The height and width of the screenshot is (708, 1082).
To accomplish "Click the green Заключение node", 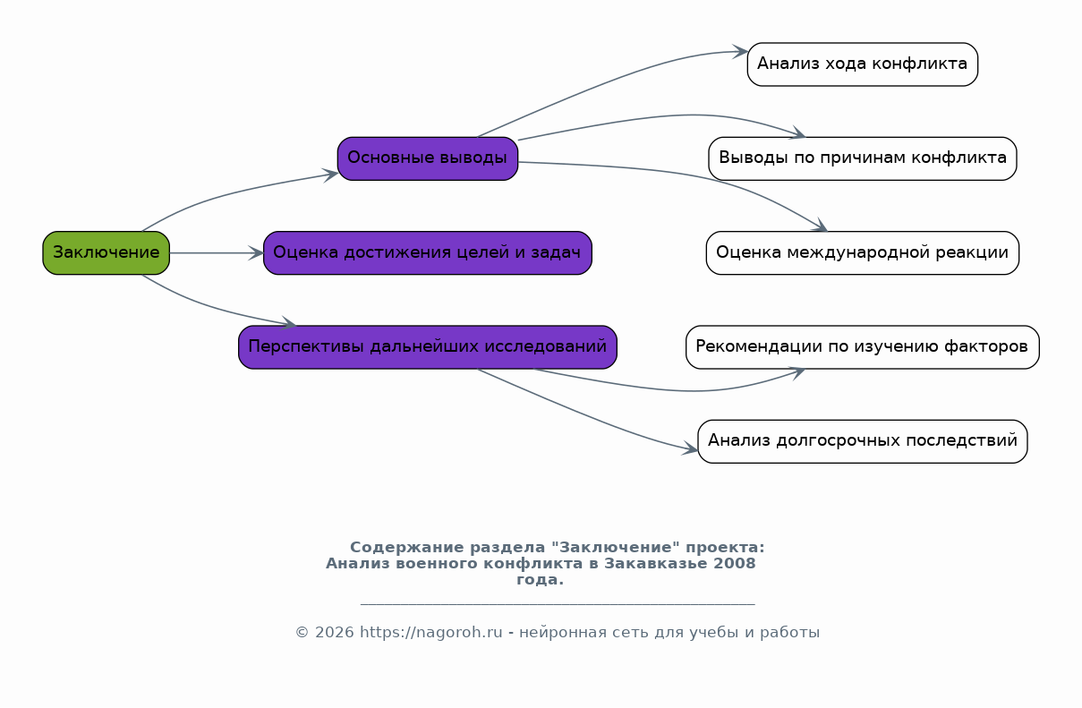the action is tap(106, 252).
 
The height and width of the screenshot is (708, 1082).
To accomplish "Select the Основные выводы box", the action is tap(428, 158).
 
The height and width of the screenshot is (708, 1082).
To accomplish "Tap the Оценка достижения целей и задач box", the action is tap(428, 252).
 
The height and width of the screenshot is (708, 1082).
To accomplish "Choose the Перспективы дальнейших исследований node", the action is tap(428, 346).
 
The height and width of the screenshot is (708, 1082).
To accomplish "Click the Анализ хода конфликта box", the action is tap(862, 64).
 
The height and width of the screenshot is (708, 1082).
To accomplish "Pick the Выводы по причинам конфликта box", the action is tap(862, 158).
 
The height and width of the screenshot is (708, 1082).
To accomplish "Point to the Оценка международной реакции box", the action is tap(862, 252).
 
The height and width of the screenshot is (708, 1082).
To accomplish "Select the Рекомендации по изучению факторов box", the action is tap(862, 346).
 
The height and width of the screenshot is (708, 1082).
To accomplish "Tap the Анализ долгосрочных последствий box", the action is tap(862, 441).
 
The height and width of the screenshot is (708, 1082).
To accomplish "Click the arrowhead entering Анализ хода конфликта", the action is tap(741, 51).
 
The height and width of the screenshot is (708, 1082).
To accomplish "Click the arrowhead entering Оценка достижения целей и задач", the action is tap(257, 252).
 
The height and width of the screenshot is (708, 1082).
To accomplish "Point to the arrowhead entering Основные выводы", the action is tap(331, 175).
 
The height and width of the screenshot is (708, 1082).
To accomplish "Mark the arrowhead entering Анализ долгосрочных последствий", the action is tap(691, 448).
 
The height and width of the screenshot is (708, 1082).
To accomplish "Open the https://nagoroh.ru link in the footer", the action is tap(430, 632).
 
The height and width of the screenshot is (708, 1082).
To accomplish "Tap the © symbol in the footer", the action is tap(302, 632).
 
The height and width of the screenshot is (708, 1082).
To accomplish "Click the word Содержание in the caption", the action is tap(406, 547).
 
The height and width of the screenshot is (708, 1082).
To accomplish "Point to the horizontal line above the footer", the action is tap(558, 603).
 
